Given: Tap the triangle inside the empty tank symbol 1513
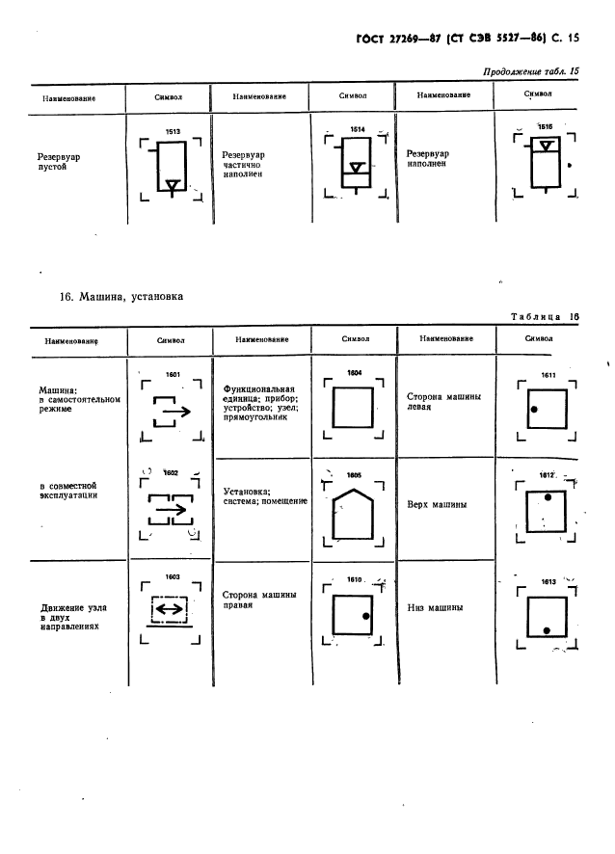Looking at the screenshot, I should (x=171, y=184).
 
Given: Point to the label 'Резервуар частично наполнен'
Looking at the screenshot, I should (x=243, y=165).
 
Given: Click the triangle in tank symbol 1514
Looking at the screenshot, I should (x=357, y=168).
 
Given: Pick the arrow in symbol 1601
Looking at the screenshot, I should (x=173, y=412).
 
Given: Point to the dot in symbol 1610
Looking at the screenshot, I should (x=366, y=616).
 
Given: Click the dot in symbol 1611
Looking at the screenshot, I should (x=533, y=411).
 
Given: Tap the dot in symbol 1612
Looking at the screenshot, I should (x=548, y=498).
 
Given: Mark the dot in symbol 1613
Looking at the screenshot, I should (x=547, y=629).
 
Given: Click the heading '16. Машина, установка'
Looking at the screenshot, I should (x=121, y=298).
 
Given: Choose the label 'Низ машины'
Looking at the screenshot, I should (x=437, y=607).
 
